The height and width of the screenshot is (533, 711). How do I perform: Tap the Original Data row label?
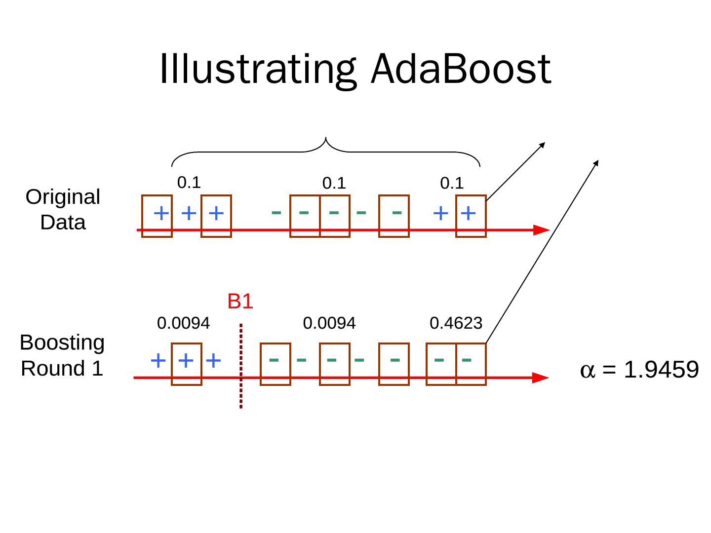click(63, 209)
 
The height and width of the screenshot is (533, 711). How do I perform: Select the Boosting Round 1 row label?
click(62, 355)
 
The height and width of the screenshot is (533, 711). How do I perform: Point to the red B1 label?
click(240, 301)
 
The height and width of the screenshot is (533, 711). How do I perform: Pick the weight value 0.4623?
click(456, 323)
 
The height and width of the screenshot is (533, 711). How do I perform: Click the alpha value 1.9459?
click(639, 370)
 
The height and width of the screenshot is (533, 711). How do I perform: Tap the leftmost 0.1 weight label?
click(189, 183)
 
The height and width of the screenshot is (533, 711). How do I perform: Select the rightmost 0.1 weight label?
click(452, 184)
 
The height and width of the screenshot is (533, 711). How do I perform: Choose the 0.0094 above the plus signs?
click(184, 323)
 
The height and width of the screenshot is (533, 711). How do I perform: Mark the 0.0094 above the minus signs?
click(329, 323)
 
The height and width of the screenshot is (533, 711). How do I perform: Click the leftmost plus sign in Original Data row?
click(161, 213)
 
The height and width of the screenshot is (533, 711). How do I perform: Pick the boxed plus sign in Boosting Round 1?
click(186, 361)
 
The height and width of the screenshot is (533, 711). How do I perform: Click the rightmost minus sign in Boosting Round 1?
click(466, 359)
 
